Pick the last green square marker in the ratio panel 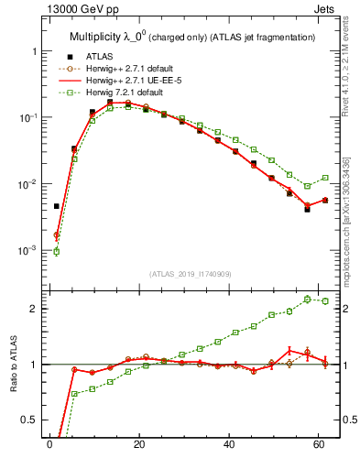(x=325, y=300)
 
